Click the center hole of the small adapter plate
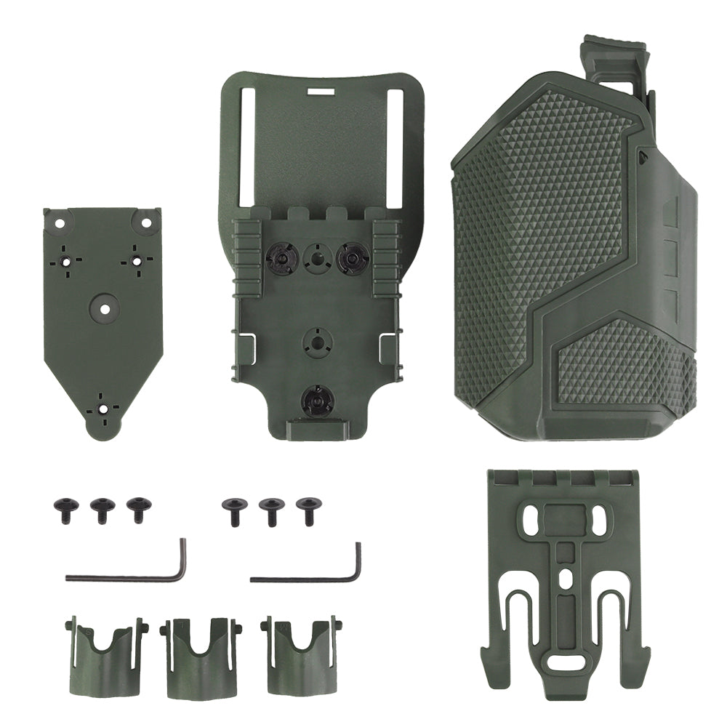[105, 308]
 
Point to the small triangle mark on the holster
[643, 154]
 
